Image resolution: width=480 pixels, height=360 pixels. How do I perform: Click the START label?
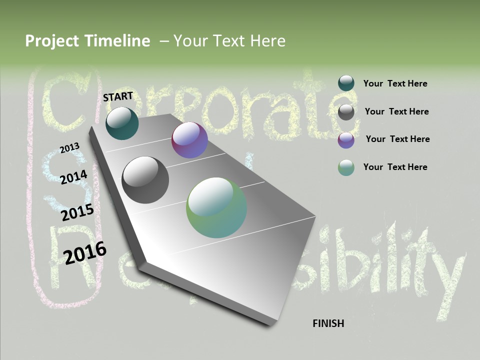(118, 96)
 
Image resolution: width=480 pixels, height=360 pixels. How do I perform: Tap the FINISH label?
(328, 323)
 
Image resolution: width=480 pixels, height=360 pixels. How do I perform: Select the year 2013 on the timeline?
(69, 148)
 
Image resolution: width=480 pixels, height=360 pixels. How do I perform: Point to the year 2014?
(73, 177)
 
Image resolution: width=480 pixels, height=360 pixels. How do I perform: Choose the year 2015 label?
(77, 212)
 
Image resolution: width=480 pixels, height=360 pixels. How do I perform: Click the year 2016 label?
(85, 252)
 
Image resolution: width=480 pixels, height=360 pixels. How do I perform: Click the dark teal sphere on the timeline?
(122, 123)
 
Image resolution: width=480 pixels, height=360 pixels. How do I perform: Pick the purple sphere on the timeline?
(189, 140)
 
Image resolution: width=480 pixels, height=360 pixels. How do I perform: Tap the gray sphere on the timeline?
(145, 180)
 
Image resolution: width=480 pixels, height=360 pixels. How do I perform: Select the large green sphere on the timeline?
(216, 207)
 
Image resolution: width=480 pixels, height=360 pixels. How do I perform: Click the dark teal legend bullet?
(346, 83)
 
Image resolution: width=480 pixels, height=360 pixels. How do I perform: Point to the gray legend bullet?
(346, 112)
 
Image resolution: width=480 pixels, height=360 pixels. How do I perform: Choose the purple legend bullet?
(346, 140)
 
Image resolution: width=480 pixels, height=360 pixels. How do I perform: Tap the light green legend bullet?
(346, 167)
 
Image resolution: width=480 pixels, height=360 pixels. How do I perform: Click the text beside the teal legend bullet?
(395, 83)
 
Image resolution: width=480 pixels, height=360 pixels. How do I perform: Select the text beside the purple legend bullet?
(397, 139)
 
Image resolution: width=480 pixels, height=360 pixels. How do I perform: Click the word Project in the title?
(52, 41)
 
